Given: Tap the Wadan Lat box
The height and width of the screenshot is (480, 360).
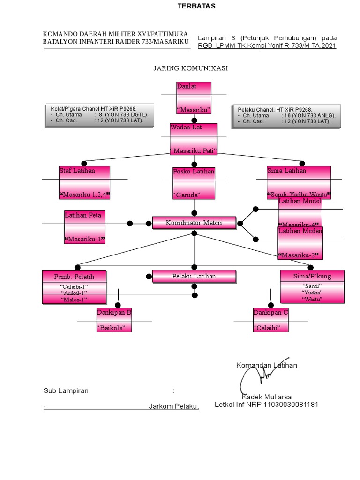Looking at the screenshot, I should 194,139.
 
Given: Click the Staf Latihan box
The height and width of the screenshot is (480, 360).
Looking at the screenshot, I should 85,182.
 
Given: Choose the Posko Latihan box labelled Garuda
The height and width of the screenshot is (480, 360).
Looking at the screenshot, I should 194,183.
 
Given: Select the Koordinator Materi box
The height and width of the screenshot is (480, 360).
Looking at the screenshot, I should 194,223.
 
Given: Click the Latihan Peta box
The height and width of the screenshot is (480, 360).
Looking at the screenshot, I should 84,227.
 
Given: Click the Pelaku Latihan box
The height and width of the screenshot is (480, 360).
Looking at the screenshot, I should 194,277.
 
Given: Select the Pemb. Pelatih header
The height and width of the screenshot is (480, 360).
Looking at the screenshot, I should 74,277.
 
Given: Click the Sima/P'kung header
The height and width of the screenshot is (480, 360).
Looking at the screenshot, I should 312,277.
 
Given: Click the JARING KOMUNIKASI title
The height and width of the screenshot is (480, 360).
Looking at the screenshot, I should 190,68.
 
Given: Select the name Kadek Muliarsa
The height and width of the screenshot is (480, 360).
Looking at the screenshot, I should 266,397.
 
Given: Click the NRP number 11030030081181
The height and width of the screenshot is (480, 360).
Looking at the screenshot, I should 291,404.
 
